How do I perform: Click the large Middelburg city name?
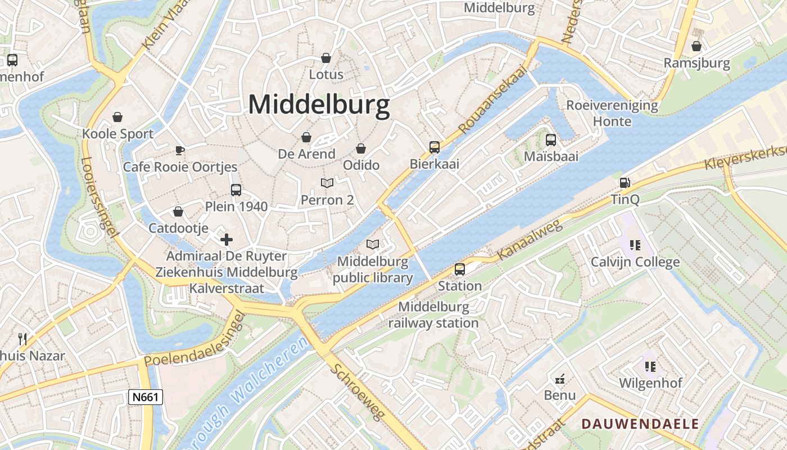point(319,105)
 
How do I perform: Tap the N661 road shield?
point(145,397)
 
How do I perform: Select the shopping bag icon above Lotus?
point(325,58)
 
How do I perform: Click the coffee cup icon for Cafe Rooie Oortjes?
point(179,150)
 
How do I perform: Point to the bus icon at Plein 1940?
point(236,190)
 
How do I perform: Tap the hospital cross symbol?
point(227,240)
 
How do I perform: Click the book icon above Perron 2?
point(327,183)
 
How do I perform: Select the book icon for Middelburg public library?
point(372,244)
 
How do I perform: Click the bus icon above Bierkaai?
point(435,147)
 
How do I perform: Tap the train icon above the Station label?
point(460,269)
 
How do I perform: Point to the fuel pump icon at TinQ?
point(625,183)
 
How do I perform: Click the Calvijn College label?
point(635,262)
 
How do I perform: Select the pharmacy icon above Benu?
point(560,378)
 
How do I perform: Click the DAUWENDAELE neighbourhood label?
point(640,424)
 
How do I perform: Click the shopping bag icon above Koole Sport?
point(117,117)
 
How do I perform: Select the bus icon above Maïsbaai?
point(551,140)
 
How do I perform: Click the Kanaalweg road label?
point(530,241)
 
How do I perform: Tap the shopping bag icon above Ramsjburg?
point(696,46)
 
